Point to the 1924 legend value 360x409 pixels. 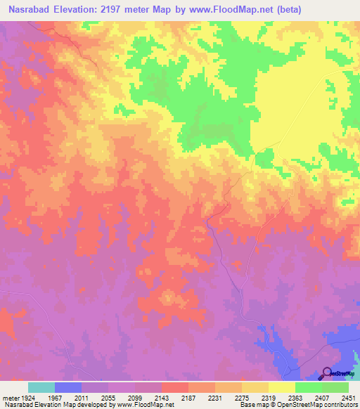tap(25, 398)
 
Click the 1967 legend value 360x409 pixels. tap(54, 398)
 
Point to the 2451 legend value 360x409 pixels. tap(349, 398)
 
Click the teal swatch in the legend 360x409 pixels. tap(41, 387)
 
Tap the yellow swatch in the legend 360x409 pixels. tap(281, 387)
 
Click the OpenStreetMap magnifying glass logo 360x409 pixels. tap(326, 373)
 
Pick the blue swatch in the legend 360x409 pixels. tap(68, 387)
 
